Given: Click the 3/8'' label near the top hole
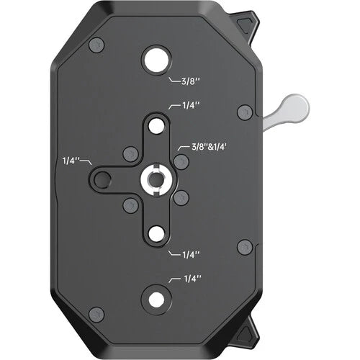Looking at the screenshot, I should (184, 81).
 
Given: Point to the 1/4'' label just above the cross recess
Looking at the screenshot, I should (191, 106).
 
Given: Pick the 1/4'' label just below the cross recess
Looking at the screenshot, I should (191, 253).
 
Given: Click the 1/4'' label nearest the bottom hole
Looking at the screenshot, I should (192, 279).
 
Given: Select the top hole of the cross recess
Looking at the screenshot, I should (156, 126).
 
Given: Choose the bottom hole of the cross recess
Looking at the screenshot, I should (156, 233).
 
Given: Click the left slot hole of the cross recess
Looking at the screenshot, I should (103, 179).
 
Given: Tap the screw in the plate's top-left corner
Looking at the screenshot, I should (96, 45).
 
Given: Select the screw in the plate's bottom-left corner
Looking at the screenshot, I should (96, 314).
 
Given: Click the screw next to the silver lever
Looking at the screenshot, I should (245, 112).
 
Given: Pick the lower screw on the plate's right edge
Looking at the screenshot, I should (245, 247).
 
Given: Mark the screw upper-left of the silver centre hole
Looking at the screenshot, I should (130, 153).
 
